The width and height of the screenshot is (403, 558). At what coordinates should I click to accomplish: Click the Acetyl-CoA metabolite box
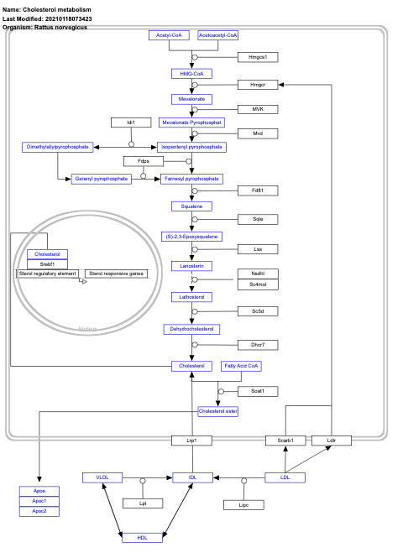coord(170,35)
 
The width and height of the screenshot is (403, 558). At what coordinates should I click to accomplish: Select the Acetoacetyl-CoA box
coord(218,35)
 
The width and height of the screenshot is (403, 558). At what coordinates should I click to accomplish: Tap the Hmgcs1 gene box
coord(257,57)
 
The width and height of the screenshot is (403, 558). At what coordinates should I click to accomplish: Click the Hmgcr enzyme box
coord(257,85)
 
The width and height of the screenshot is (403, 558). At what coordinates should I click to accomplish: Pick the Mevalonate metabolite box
coord(191,99)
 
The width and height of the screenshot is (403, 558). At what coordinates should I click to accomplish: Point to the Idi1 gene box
coord(131,123)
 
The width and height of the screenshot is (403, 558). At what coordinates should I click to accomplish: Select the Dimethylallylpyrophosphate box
coord(57,147)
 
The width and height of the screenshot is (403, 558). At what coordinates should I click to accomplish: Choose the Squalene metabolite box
coord(191,206)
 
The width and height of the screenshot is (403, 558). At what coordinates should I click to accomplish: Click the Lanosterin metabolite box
coord(191,266)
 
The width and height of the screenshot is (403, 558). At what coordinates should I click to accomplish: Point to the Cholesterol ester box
coord(218,411)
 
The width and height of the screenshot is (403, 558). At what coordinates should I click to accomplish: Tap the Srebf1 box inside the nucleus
coord(47,264)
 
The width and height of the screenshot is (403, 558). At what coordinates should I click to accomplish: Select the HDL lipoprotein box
coord(143,538)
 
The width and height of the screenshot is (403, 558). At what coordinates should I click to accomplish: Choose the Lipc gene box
coord(243,505)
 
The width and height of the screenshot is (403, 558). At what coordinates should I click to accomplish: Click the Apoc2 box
coord(39,511)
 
